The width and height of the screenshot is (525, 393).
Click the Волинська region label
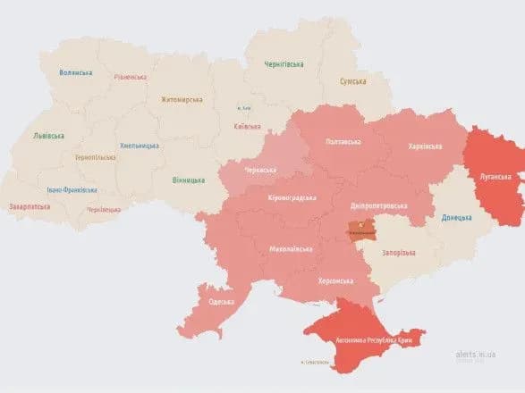click(x=75, y=72)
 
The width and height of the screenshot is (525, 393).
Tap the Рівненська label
click(x=131, y=77)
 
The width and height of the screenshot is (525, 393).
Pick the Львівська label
click(x=48, y=136)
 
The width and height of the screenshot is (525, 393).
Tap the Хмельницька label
click(x=139, y=146)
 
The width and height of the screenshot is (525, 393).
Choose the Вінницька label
click(x=188, y=180)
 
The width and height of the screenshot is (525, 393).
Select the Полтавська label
click(x=343, y=141)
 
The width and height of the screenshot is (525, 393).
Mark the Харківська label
click(x=425, y=146)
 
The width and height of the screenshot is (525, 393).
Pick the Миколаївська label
click(x=290, y=249)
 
